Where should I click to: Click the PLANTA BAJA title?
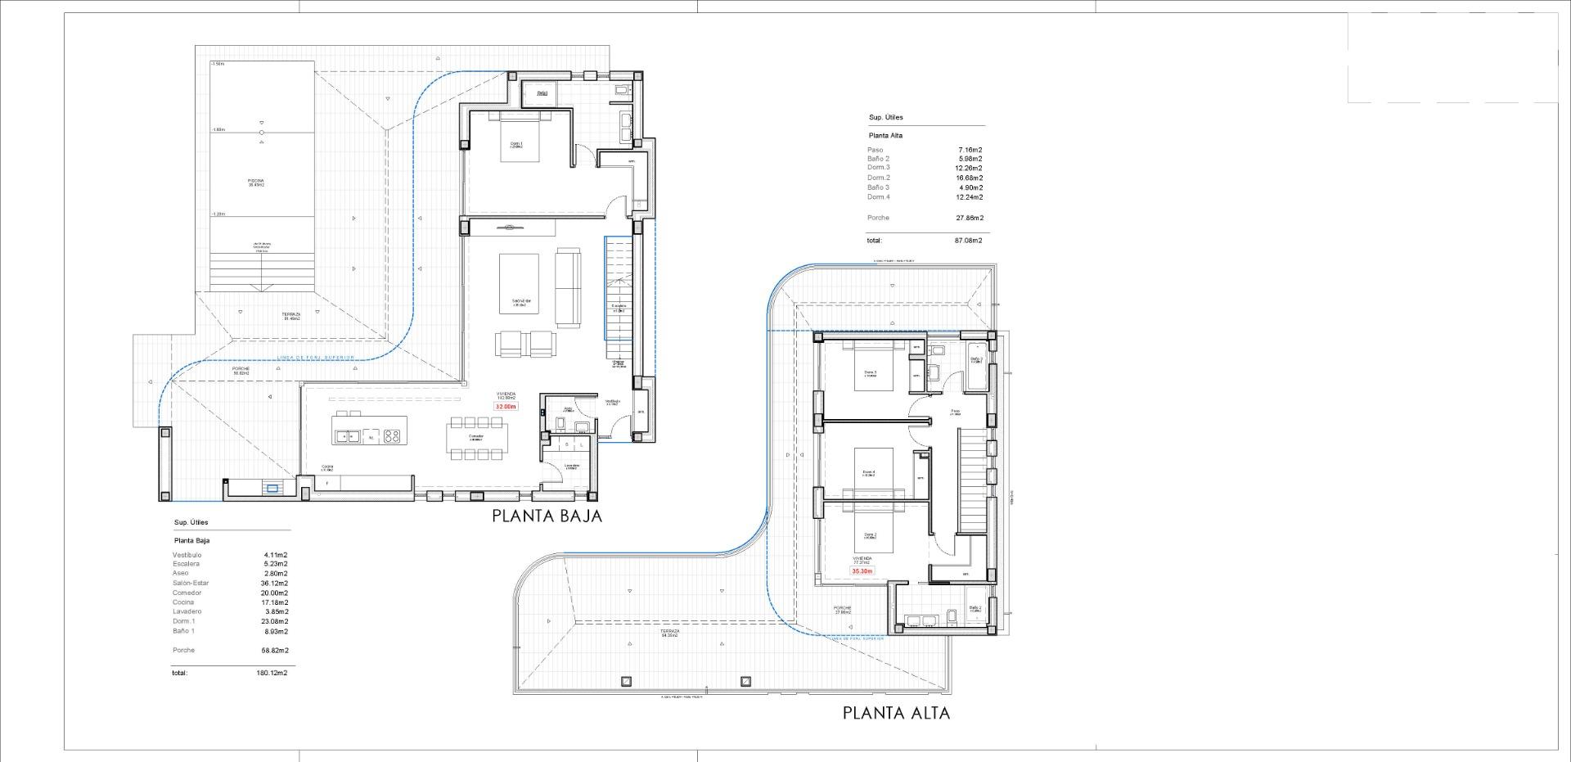[547, 516]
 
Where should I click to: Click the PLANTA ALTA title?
[896, 713]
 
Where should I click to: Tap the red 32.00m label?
[506, 406]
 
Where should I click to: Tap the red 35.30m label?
[862, 571]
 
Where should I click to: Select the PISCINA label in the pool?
[256, 183]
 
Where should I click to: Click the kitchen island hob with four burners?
[393, 436]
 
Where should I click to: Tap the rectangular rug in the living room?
[519, 282]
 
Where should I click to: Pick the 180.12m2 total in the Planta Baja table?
[272, 673]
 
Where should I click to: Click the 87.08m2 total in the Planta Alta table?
[969, 241]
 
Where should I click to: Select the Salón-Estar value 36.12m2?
[274, 583]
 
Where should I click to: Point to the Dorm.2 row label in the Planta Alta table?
[879, 178]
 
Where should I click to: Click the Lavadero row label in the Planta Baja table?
[187, 611]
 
